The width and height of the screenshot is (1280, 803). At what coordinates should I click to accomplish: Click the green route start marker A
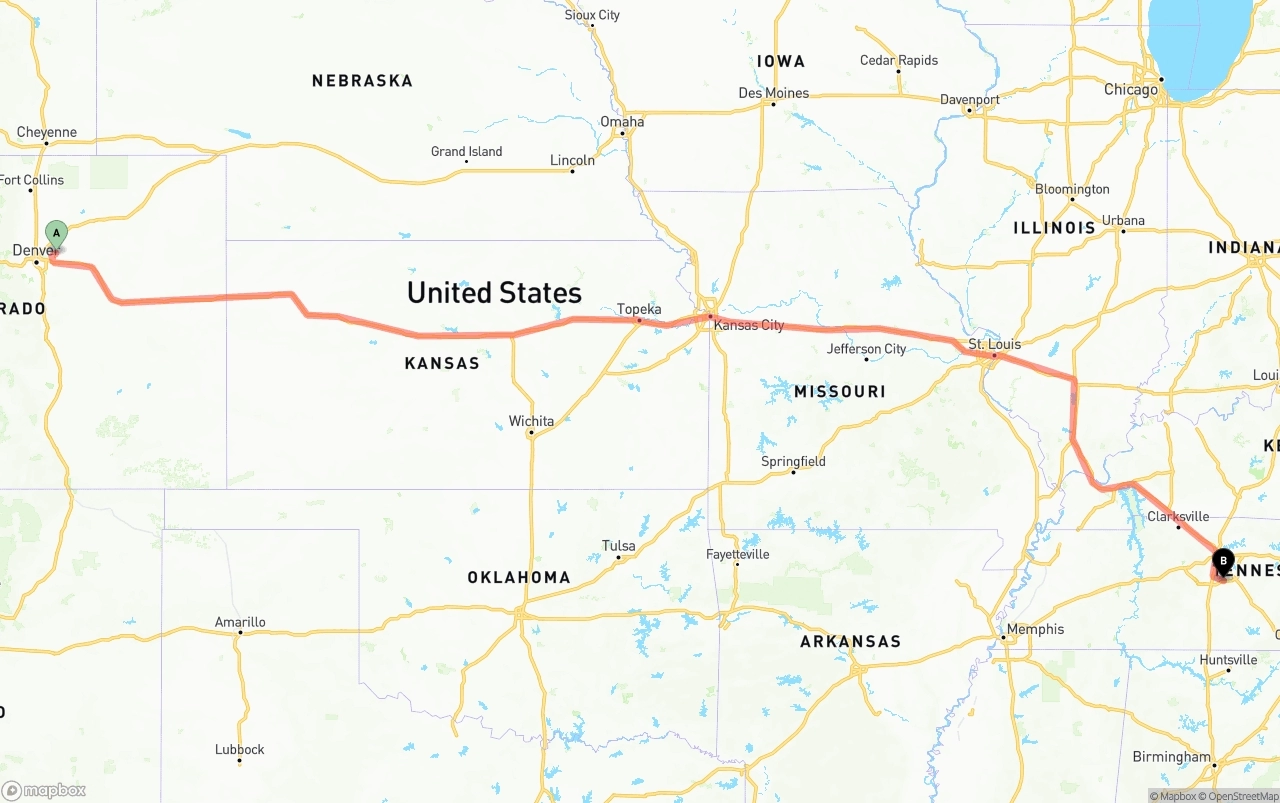point(57,234)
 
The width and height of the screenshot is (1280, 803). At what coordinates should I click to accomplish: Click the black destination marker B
point(1223,561)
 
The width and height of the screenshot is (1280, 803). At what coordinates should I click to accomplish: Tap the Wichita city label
point(531,421)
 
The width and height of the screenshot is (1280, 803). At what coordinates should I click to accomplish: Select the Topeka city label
point(639,309)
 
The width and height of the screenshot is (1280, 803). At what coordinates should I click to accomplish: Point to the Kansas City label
point(749,325)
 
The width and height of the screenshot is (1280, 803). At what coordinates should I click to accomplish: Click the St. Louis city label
point(995,344)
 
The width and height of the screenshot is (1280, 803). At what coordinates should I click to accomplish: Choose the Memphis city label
point(1035,629)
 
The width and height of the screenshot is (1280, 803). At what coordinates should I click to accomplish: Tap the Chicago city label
point(1131,89)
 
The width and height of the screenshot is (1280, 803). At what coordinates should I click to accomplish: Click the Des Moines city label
point(773,93)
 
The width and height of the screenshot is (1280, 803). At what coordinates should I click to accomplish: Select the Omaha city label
point(622,122)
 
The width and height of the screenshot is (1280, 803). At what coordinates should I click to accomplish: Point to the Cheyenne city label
point(46,132)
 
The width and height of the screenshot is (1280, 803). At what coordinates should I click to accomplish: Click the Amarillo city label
point(240,622)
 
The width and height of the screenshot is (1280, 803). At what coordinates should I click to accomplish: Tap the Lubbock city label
point(240,749)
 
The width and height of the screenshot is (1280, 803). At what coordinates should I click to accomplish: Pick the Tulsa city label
point(618,546)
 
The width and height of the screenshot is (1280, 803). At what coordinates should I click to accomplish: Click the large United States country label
point(494,292)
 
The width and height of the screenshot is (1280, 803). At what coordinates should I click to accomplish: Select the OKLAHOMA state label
point(519,577)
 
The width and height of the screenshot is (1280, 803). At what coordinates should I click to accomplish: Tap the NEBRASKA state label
point(362,80)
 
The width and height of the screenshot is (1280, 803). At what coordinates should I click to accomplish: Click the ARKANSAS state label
point(850,641)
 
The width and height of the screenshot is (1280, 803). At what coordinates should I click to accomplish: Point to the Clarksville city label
point(1178,516)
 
